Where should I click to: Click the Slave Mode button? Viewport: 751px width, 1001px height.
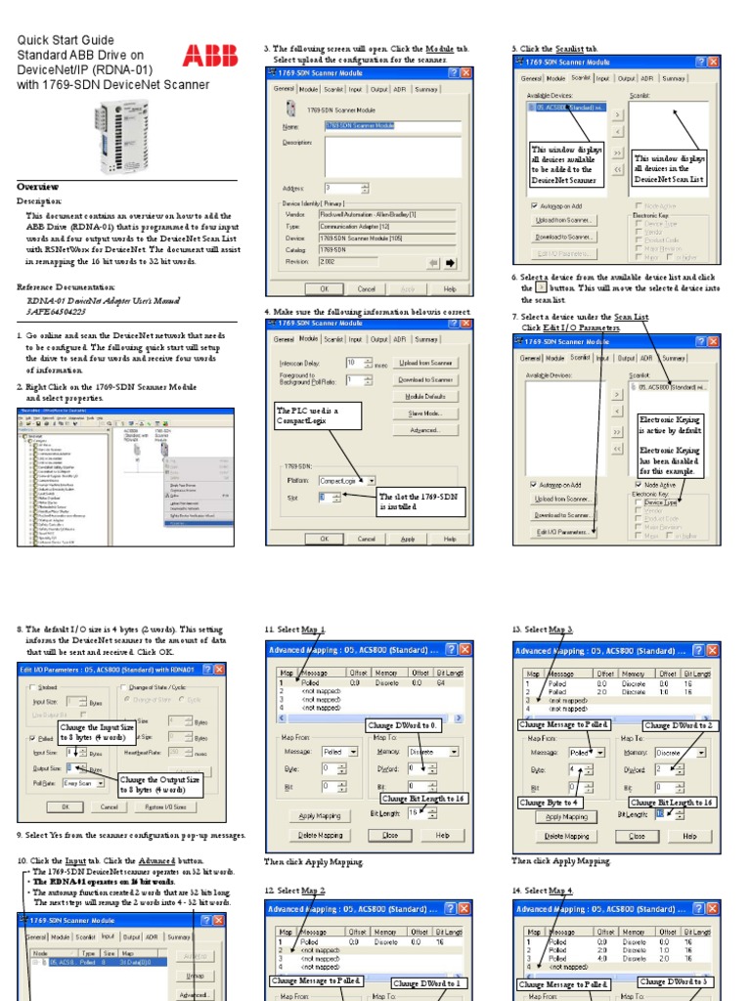pyautogui.click(x=424, y=413)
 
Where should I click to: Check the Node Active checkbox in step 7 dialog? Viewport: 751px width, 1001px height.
pyautogui.click(x=638, y=484)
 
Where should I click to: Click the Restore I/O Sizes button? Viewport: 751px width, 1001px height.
pyautogui.click(x=168, y=807)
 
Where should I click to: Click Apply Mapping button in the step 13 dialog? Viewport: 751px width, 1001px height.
pyautogui.click(x=566, y=816)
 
